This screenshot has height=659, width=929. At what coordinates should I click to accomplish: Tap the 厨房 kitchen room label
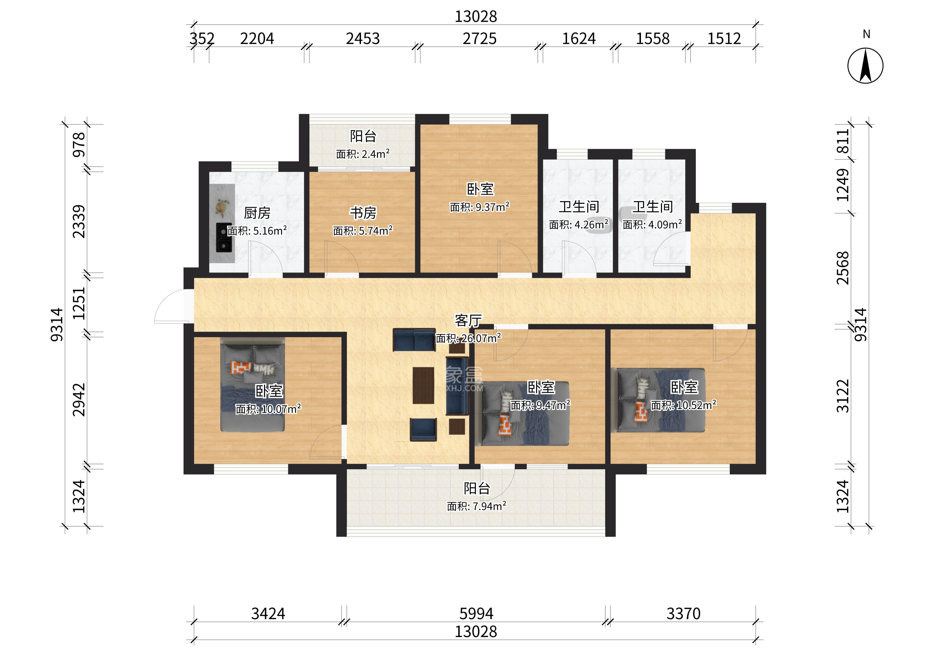pos(257,213)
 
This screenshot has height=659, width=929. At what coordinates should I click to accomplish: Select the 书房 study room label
pos(363,213)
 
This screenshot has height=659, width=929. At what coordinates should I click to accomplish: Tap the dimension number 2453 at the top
pos(363,39)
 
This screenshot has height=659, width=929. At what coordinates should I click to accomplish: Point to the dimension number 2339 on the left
pos(79,222)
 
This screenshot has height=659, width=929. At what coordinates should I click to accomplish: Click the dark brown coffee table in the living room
pos(423,385)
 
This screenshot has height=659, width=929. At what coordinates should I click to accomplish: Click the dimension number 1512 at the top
pos(724,39)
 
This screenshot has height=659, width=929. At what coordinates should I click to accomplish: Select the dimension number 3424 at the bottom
pos(268,614)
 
